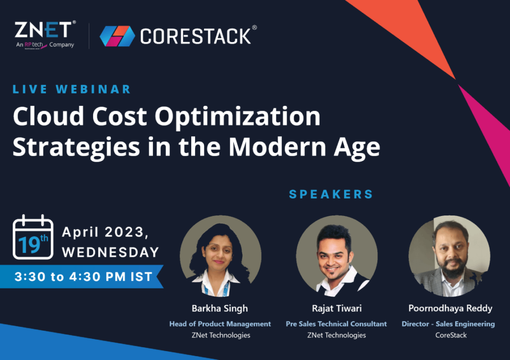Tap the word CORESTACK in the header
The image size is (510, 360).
[x=195, y=36]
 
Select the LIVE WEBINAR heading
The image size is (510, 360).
[x=72, y=89]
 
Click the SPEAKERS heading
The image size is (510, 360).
[x=331, y=194]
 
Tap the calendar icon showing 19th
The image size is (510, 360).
[x=33, y=237]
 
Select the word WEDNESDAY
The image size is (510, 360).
[x=110, y=252]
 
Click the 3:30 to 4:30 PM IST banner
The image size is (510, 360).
[x=83, y=277]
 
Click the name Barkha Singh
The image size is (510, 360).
[x=220, y=309]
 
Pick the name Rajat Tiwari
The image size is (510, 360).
[x=337, y=309]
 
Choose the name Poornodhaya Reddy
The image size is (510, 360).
[x=450, y=309]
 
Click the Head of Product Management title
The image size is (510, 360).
[x=220, y=324]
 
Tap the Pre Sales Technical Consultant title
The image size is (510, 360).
[x=336, y=324]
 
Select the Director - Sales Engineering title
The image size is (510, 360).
[x=448, y=324]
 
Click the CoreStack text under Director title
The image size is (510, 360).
[x=450, y=335]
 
